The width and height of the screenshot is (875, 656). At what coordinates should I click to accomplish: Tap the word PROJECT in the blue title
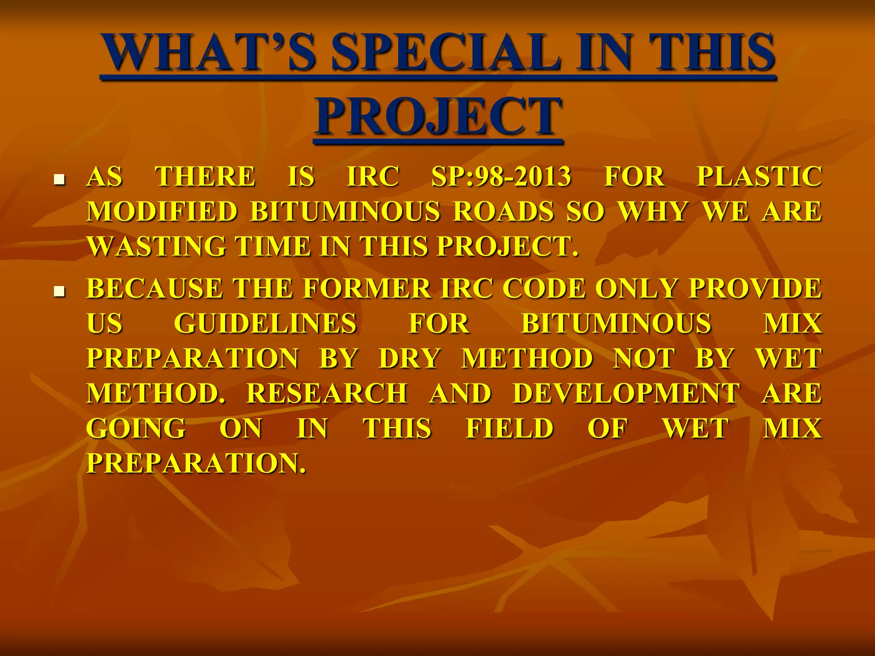438,117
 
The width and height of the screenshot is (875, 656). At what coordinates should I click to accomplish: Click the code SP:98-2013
501,177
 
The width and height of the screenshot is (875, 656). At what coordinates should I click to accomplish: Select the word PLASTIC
759,177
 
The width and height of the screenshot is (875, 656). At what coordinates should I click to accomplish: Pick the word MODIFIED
162,212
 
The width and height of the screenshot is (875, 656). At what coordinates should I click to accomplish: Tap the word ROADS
503,212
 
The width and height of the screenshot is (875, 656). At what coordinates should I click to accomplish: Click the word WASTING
156,247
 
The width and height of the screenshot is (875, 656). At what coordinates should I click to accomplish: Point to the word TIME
273,247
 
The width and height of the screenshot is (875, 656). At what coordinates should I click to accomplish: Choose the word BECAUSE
154,289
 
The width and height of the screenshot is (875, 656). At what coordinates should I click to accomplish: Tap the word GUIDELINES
265,324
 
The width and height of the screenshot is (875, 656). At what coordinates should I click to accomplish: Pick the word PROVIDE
755,289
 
